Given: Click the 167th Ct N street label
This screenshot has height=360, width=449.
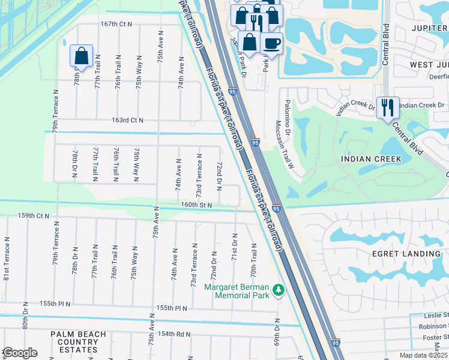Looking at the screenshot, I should pos(116,24).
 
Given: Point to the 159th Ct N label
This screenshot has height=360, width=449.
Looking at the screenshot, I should pos(34,215).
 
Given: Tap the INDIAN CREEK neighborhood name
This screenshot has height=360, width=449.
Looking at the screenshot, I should pos(370,159).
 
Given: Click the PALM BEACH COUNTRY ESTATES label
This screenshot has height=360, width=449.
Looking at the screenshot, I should pos(79,342).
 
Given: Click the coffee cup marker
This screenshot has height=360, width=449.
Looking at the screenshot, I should pos(272,43).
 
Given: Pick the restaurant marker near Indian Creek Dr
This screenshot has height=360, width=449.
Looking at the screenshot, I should pos(388,107).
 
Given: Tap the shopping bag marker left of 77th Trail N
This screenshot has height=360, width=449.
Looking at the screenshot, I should pos(81,56).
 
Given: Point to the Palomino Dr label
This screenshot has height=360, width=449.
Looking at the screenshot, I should pos(288,116).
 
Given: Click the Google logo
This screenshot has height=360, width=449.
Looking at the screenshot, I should pos(20,352).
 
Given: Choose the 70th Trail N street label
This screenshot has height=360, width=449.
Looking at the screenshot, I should pos(253,260).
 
